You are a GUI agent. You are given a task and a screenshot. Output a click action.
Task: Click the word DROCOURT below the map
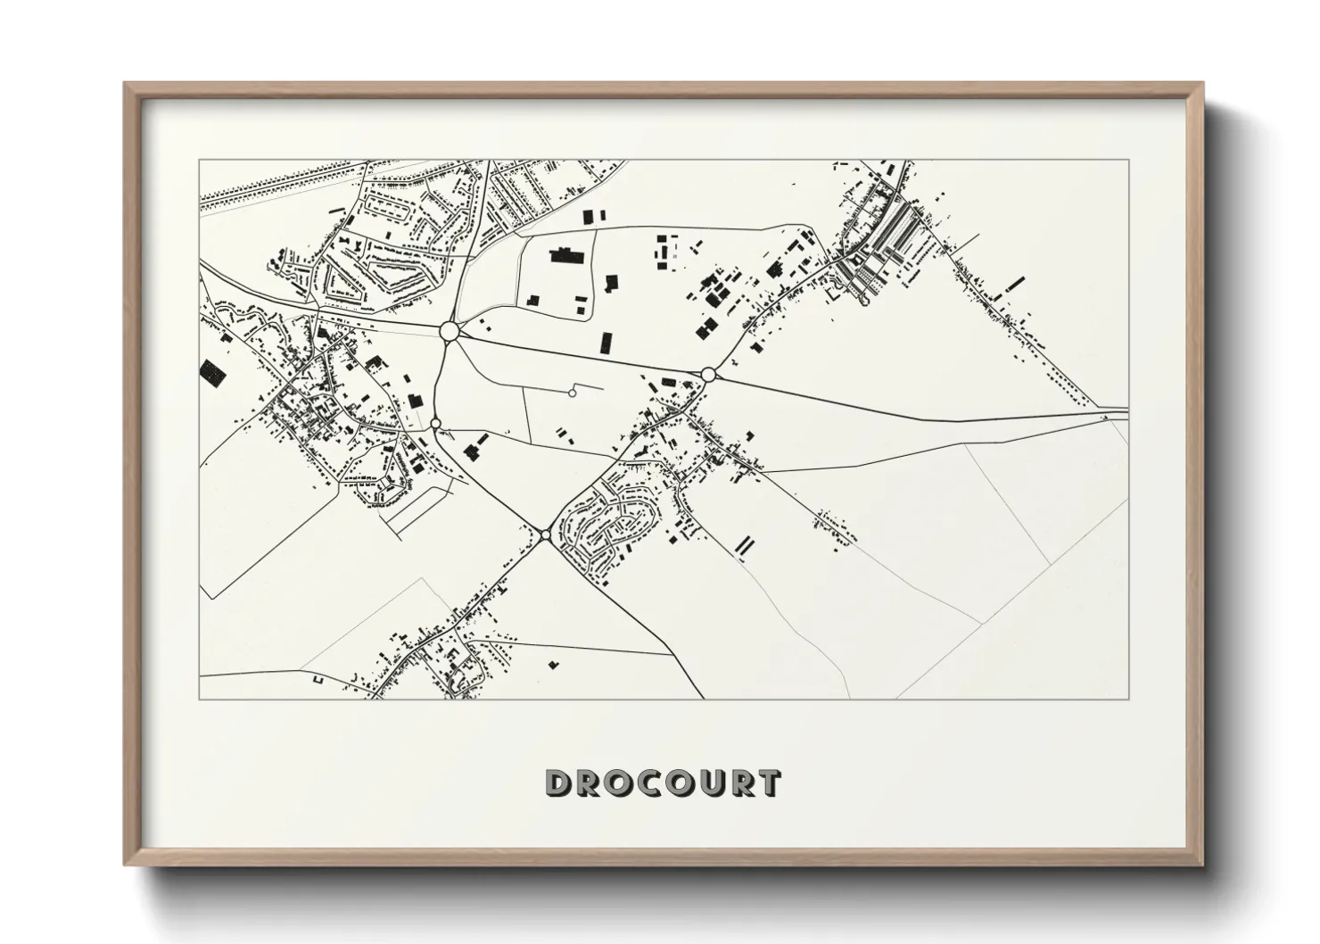click(663, 783)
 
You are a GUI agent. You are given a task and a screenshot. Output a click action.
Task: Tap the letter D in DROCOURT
click(558, 783)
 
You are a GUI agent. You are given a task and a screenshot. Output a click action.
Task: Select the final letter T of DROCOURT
click(770, 783)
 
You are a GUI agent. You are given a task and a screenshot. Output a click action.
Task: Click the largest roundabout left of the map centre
click(450, 331)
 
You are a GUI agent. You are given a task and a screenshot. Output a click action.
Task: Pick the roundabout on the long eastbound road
click(708, 374)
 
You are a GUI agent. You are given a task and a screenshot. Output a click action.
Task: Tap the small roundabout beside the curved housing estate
click(545, 534)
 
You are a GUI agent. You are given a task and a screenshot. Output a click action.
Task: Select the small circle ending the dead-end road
click(573, 393)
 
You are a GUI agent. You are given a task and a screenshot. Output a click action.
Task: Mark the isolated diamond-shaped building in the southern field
click(553, 664)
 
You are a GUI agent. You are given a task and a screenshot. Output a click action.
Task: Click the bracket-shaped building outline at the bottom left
click(318, 680)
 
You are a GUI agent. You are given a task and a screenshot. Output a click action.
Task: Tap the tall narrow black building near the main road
click(606, 342)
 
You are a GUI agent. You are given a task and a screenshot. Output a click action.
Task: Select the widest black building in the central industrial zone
click(564, 256)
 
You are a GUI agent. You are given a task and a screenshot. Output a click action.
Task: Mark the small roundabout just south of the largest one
click(435, 423)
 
